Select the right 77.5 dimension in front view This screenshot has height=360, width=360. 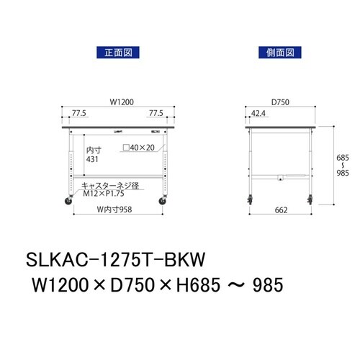(156, 113)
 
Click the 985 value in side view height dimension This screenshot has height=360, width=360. (344, 173)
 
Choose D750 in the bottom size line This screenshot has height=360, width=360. (141, 286)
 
